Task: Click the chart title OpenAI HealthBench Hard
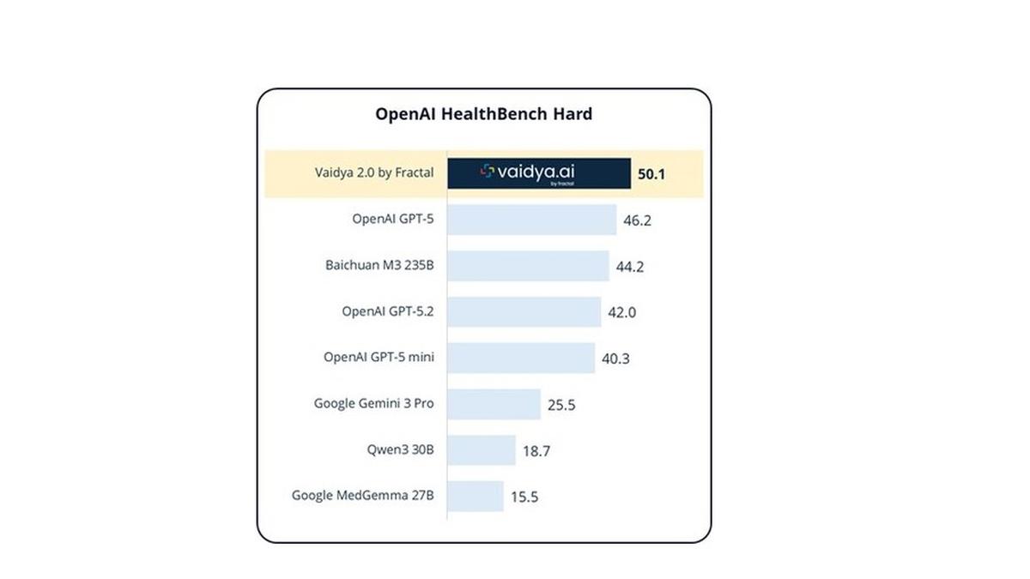click(483, 114)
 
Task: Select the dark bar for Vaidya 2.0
click(539, 173)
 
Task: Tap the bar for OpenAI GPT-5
click(531, 220)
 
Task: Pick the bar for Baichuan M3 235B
click(528, 266)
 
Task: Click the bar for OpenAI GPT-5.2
click(524, 312)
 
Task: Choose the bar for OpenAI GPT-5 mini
click(521, 358)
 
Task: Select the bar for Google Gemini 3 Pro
click(494, 404)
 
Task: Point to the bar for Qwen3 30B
click(482, 450)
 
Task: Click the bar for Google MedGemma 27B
click(476, 496)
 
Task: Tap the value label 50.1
click(651, 174)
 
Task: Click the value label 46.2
click(637, 220)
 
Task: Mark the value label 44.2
click(629, 267)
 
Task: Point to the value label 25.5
click(561, 405)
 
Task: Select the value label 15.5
click(524, 497)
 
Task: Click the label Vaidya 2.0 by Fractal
click(373, 172)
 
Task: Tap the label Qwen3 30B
click(399, 449)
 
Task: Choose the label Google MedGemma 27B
click(362, 495)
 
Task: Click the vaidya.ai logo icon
click(487, 172)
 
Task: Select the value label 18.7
click(536, 451)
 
